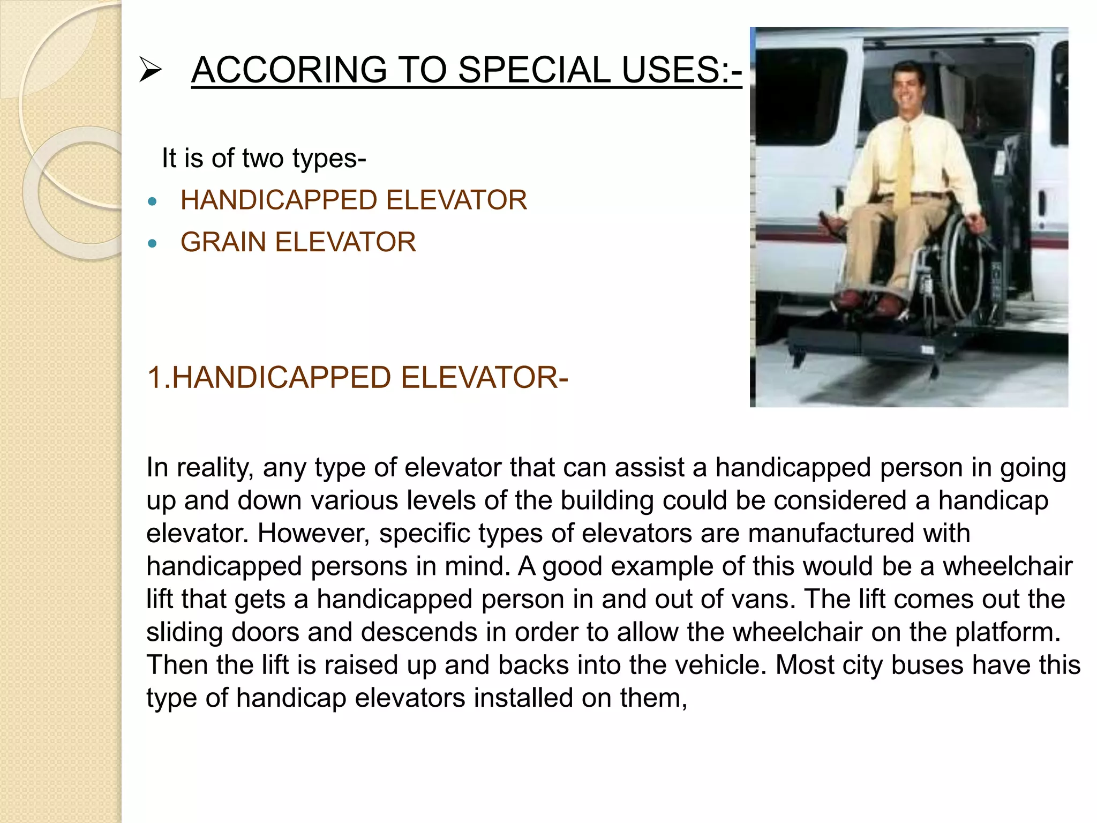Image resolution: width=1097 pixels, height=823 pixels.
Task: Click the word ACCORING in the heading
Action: (x=289, y=70)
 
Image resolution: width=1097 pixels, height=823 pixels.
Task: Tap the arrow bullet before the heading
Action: (x=150, y=71)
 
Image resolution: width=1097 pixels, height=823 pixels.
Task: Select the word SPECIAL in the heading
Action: (x=534, y=70)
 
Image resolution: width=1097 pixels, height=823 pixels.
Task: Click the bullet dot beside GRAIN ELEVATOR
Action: (x=153, y=244)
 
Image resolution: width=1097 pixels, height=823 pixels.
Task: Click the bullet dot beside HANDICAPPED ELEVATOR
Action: (x=153, y=202)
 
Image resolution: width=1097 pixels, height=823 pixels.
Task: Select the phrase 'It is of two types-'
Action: (x=264, y=159)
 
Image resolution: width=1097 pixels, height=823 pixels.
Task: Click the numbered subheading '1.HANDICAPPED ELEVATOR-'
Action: (x=357, y=378)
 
